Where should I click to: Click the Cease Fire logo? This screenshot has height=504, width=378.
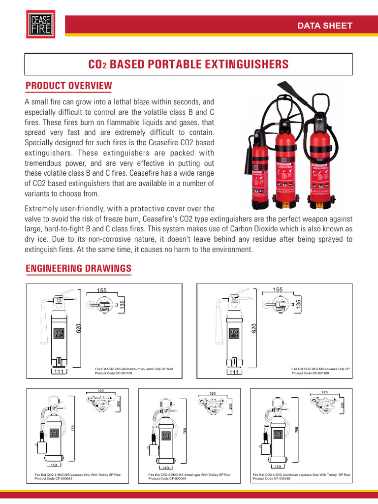(x=40, y=25)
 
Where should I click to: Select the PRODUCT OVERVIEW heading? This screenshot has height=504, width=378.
(x=68, y=86)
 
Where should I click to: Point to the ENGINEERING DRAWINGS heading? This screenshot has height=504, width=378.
(x=78, y=268)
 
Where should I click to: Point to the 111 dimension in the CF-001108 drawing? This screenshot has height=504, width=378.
(x=58, y=373)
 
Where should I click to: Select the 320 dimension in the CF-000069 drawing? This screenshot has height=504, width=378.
(x=324, y=392)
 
